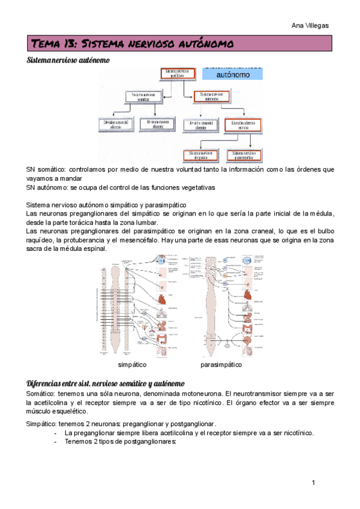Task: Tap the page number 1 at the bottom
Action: point(313,483)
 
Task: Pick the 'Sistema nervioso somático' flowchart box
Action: point(143,96)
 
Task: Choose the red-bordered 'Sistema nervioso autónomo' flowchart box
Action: point(211,96)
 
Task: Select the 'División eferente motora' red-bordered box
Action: point(243,124)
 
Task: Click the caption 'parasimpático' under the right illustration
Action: point(221,364)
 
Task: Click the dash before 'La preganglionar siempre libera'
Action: point(56,433)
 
